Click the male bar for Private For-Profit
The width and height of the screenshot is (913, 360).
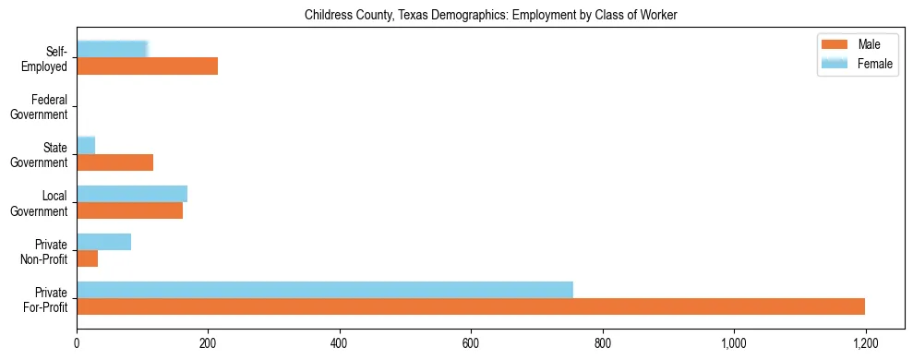click(x=471, y=306)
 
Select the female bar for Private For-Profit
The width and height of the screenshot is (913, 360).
click(x=325, y=290)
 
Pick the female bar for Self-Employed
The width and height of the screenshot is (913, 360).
click(x=112, y=49)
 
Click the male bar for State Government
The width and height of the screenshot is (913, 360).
click(x=114, y=162)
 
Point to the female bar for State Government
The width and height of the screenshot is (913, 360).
click(x=86, y=145)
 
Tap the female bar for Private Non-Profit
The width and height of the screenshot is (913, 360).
click(x=103, y=242)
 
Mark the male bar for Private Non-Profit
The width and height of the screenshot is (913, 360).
click(x=87, y=258)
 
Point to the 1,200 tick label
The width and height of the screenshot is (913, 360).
click(x=865, y=343)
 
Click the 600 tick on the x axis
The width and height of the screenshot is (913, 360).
click(x=471, y=343)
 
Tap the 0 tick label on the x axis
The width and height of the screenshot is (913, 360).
click(x=77, y=343)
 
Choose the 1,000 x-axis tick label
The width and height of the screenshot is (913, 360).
click(x=734, y=343)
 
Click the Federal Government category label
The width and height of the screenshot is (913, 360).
click(x=41, y=106)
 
